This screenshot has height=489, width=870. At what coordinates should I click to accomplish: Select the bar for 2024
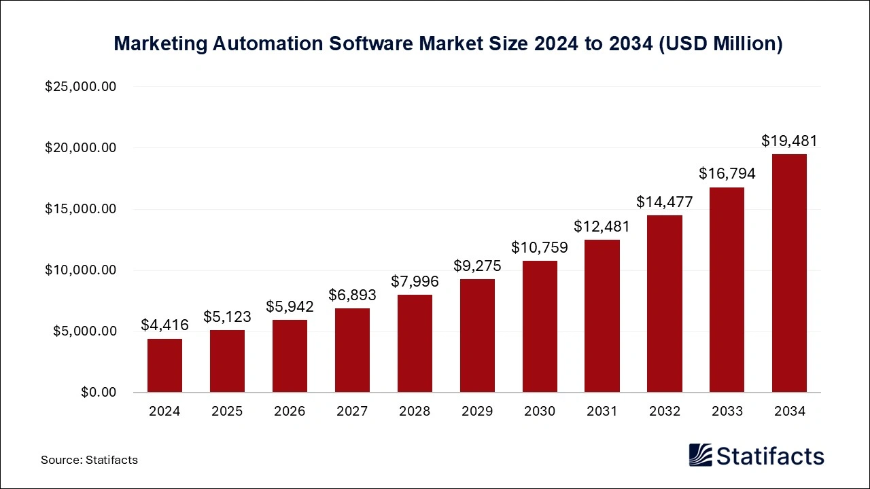click(x=164, y=365)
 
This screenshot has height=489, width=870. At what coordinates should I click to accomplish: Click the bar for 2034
click(x=789, y=273)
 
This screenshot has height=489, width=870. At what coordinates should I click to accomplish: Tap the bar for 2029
click(x=477, y=336)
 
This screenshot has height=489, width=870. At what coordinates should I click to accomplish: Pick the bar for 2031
click(x=602, y=316)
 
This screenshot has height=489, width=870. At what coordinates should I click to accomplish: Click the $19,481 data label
click(x=789, y=141)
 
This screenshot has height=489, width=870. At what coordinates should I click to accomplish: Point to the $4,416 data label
click(x=164, y=325)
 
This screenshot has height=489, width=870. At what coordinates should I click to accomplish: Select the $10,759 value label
click(x=540, y=247)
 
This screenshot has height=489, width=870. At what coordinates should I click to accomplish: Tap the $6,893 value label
click(x=352, y=295)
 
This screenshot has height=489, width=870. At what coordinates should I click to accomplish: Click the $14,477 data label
click(x=664, y=202)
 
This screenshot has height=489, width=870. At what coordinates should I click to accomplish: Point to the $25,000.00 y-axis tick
click(x=80, y=87)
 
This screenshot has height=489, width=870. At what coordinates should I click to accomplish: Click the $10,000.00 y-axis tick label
click(x=80, y=270)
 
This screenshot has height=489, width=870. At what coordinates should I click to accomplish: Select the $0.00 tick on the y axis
click(x=98, y=393)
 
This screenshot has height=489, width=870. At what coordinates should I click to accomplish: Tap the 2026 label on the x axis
click(x=290, y=412)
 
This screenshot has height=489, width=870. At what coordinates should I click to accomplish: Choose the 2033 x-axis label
click(x=727, y=412)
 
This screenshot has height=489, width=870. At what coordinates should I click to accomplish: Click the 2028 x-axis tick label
click(x=415, y=412)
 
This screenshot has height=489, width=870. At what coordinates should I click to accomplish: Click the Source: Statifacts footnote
click(x=89, y=460)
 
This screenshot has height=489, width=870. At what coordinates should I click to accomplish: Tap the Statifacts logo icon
click(x=700, y=455)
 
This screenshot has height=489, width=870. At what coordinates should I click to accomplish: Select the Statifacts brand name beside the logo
click(x=770, y=456)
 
